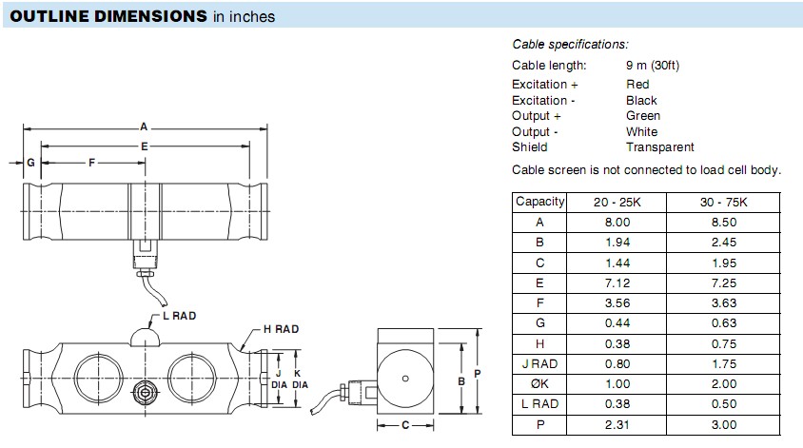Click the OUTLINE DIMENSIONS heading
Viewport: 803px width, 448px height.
(108, 16)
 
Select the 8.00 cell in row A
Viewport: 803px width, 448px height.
(618, 222)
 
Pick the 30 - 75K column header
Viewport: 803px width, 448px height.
(723, 202)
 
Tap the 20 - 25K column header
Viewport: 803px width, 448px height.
(618, 202)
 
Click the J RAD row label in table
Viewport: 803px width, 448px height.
(540, 363)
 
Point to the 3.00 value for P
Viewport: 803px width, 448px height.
(723, 424)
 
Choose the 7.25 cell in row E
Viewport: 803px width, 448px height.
(723, 282)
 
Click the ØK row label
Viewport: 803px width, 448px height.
(540, 383)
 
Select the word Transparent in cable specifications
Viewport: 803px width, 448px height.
(659, 147)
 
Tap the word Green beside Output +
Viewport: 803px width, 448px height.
(643, 116)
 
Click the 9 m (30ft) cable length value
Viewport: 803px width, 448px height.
(652, 66)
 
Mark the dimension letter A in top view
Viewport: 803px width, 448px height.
(144, 127)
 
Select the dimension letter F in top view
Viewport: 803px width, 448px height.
(91, 164)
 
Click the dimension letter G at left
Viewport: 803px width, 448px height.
(30, 164)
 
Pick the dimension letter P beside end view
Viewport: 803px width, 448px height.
(479, 374)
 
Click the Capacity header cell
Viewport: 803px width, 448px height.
(539, 202)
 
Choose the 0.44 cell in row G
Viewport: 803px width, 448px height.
(618, 323)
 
